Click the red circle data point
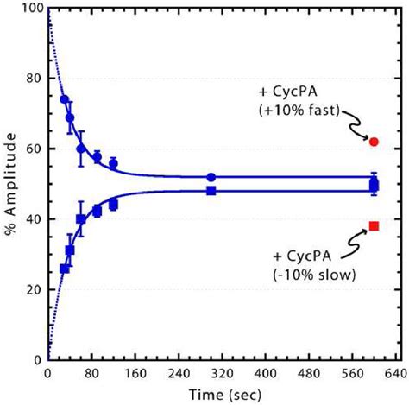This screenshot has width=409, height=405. (374, 141)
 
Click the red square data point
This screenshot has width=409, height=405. (374, 226)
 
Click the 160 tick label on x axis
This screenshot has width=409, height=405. (133, 374)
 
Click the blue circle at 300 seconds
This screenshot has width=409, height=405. (211, 177)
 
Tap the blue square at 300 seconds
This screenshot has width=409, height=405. (211, 190)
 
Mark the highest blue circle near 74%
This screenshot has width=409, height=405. (64, 99)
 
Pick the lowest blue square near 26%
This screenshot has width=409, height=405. (64, 269)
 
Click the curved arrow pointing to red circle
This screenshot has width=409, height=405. (357, 130)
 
